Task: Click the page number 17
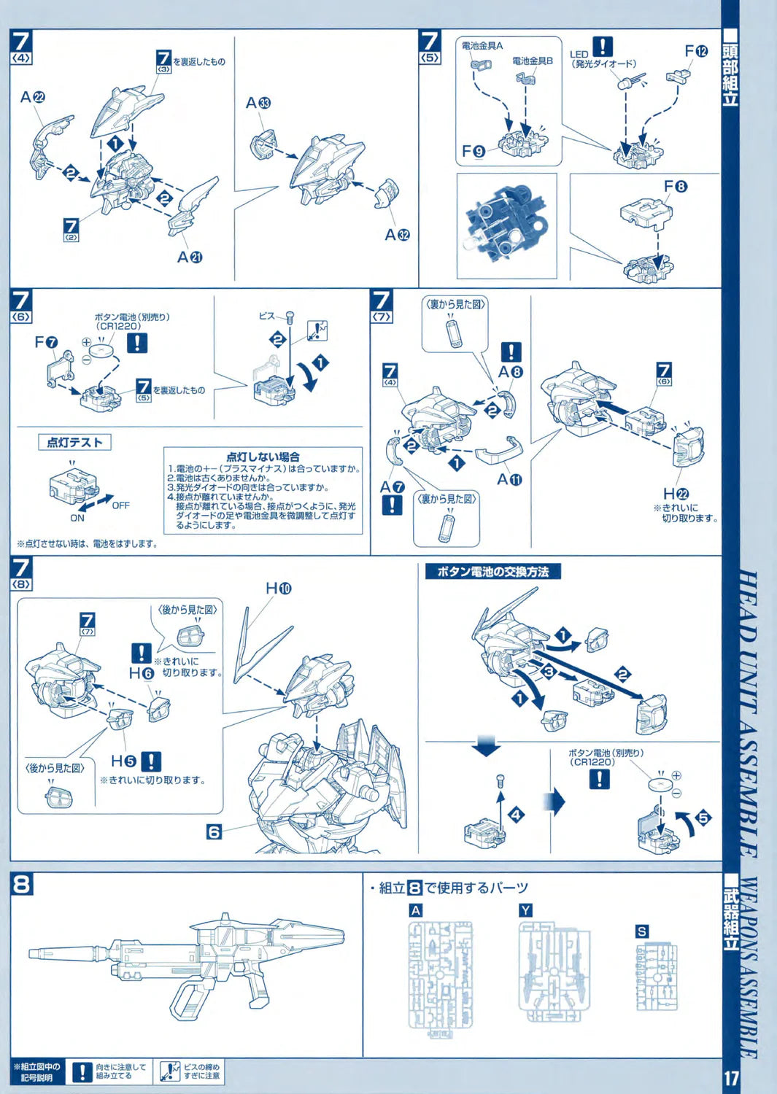[x=731, y=1077]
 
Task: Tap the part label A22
[x=33, y=97]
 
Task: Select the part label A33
[x=258, y=103]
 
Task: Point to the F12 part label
[x=695, y=51]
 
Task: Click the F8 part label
[x=675, y=187]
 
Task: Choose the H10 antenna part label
[x=278, y=588]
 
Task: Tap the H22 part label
[x=676, y=494]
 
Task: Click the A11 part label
[x=509, y=479]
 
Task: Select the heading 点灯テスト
[x=74, y=442]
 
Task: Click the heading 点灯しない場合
[x=263, y=457]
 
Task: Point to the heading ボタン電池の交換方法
[x=493, y=572]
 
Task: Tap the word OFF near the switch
[x=120, y=505]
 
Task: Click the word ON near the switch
[x=77, y=518]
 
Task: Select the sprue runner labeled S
[x=657, y=977]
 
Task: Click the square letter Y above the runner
[x=525, y=910]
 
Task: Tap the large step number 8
[x=22, y=884]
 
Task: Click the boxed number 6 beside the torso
[x=214, y=831]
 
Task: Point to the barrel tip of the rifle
[x=33, y=953]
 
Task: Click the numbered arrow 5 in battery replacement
[x=703, y=818]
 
